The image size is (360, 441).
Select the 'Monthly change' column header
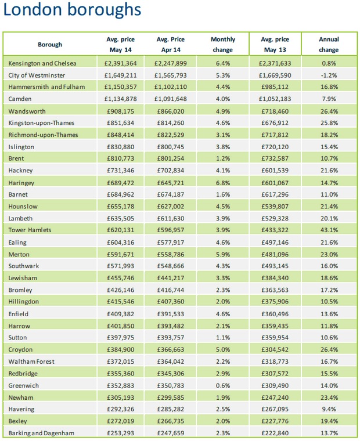223,45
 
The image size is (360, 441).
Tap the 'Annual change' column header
329,45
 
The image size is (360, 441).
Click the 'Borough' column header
50,45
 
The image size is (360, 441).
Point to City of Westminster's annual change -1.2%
329,75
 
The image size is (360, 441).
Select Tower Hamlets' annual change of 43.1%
329,230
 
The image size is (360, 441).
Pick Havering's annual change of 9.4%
329,409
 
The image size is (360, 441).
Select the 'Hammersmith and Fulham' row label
47,86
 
